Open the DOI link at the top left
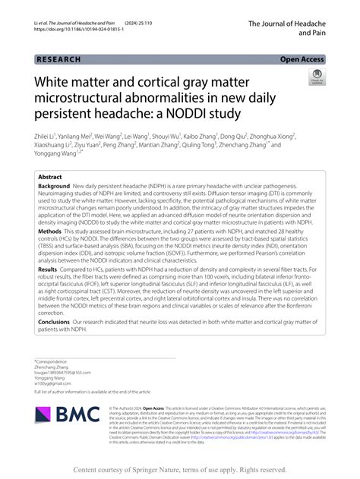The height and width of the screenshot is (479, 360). [76, 35]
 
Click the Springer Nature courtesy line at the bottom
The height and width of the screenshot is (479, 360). [180, 470]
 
